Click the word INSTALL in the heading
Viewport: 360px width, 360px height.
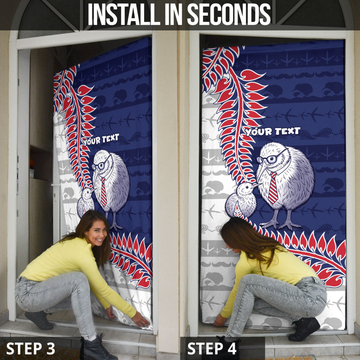[x=124, y=14]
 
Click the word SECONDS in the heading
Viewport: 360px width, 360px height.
[x=229, y=14]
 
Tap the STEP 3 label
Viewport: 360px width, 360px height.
[x=31, y=348]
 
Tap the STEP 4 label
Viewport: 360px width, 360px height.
[x=212, y=348]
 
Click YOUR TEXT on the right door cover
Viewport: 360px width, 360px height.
[x=272, y=131]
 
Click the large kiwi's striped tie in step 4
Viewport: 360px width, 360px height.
[x=273, y=188]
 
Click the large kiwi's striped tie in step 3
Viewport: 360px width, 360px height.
[x=104, y=192]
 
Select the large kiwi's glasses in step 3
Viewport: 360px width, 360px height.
[x=101, y=164]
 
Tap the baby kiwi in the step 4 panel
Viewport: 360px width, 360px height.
[x=242, y=199]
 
